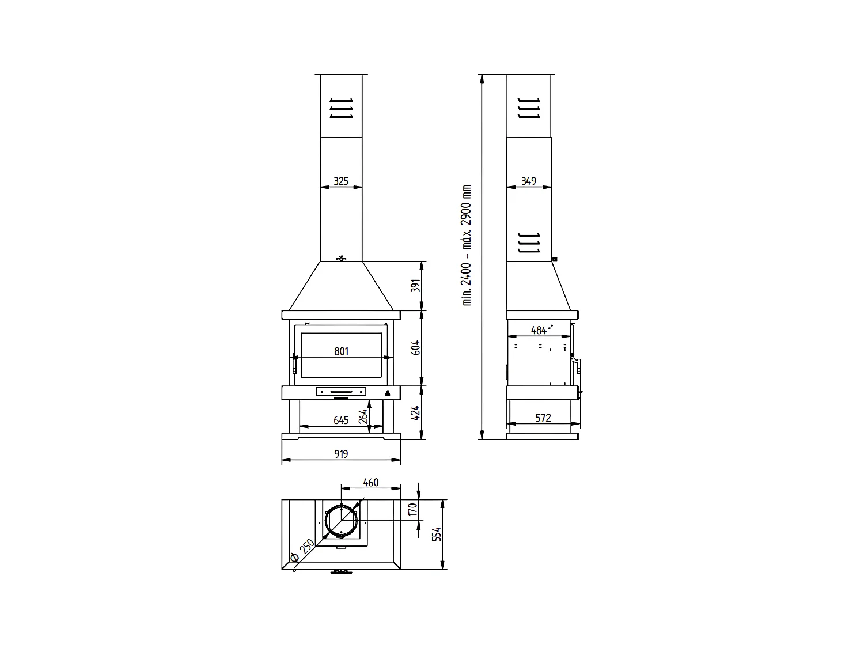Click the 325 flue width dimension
[x=341, y=181]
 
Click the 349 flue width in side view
[x=529, y=181]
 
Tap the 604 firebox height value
[x=416, y=348]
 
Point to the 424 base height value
[x=416, y=412]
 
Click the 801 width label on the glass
[x=341, y=351]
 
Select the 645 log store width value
[x=341, y=420]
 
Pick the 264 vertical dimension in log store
[x=363, y=416]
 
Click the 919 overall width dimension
[x=341, y=454]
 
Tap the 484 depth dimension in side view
[x=539, y=331]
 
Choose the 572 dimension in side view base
[x=543, y=418]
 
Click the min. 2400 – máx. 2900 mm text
[x=467, y=245]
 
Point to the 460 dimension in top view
[x=372, y=482]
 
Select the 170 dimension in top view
[x=412, y=510]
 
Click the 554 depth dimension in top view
[x=437, y=534]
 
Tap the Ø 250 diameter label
[x=302, y=551]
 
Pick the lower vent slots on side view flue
[x=529, y=242]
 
